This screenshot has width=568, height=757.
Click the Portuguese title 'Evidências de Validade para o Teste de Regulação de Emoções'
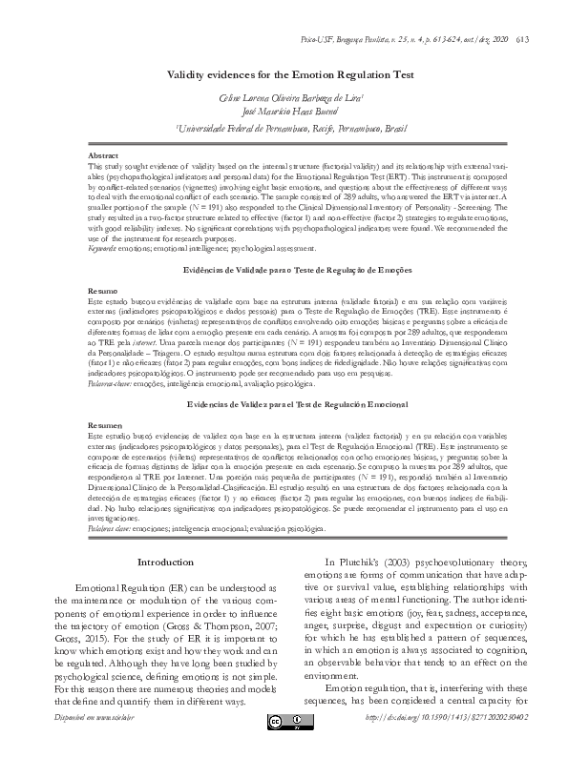[284, 272]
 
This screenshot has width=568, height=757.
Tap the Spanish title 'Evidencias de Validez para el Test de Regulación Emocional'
[284, 405]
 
